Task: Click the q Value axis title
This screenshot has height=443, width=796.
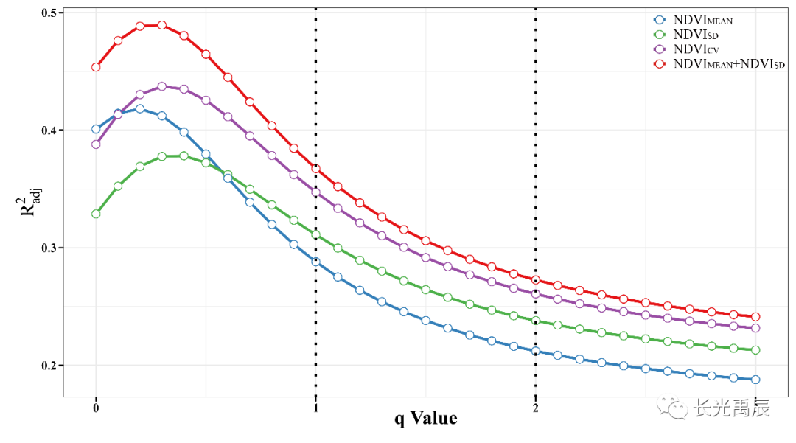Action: [x=425, y=419]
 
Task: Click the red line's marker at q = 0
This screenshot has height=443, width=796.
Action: [x=96, y=67]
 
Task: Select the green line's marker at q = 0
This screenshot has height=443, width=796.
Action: [x=96, y=214]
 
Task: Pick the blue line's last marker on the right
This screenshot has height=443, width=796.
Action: [x=755, y=380]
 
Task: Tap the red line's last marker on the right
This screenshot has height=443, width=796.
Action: [x=755, y=317]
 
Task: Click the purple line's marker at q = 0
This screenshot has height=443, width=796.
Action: [x=96, y=144]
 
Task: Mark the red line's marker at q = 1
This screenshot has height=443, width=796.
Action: [x=315, y=169]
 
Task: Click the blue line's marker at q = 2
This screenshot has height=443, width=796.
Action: [x=535, y=351]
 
